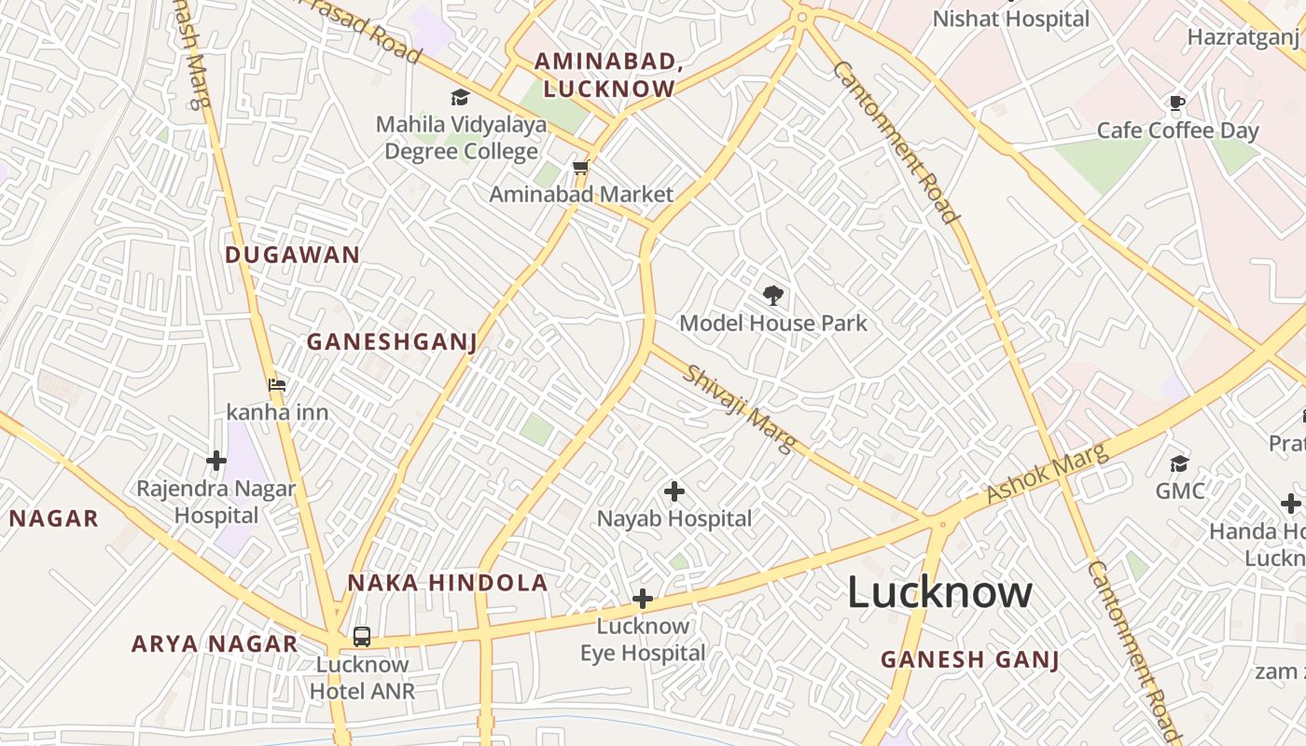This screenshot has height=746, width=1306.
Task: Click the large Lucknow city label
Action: (x=939, y=593)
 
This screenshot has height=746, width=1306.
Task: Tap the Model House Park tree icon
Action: (x=772, y=297)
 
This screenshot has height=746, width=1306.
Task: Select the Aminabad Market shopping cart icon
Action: (x=580, y=168)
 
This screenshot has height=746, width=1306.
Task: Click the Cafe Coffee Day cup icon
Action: (x=1177, y=103)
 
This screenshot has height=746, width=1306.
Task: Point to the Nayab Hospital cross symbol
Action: (x=674, y=490)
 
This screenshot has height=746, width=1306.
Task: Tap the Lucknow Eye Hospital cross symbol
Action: (x=642, y=599)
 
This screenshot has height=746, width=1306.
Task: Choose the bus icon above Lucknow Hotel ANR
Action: (x=362, y=637)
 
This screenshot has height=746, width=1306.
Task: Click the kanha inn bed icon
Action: (x=277, y=384)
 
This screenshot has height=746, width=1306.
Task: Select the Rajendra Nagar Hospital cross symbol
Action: (x=216, y=460)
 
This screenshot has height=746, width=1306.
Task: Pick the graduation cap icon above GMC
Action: (x=1180, y=463)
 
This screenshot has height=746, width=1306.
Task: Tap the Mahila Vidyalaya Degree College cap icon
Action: (x=460, y=97)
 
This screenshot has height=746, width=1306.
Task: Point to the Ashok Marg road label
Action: (x=1048, y=473)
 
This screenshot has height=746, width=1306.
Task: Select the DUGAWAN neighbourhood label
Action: (x=292, y=255)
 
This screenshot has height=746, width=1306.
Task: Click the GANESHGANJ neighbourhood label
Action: (x=392, y=342)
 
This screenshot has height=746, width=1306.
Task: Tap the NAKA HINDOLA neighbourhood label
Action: (x=448, y=584)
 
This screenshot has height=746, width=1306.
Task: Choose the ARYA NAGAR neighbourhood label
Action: (x=215, y=643)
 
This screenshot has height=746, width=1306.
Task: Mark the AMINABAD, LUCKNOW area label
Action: (x=604, y=75)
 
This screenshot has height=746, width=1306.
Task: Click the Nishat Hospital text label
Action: (x=1011, y=19)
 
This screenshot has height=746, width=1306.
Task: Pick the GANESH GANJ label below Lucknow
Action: (x=970, y=660)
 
